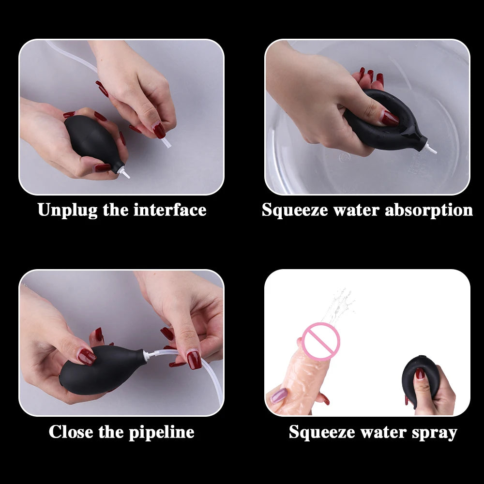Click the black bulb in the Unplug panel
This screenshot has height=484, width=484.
coord(90,140)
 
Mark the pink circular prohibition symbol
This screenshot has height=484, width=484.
coord(320,341)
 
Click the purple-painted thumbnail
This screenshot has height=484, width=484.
coord(279,396)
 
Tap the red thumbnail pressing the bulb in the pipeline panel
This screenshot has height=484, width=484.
coord(87,357)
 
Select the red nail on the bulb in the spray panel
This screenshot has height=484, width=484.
coord(420,373)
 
